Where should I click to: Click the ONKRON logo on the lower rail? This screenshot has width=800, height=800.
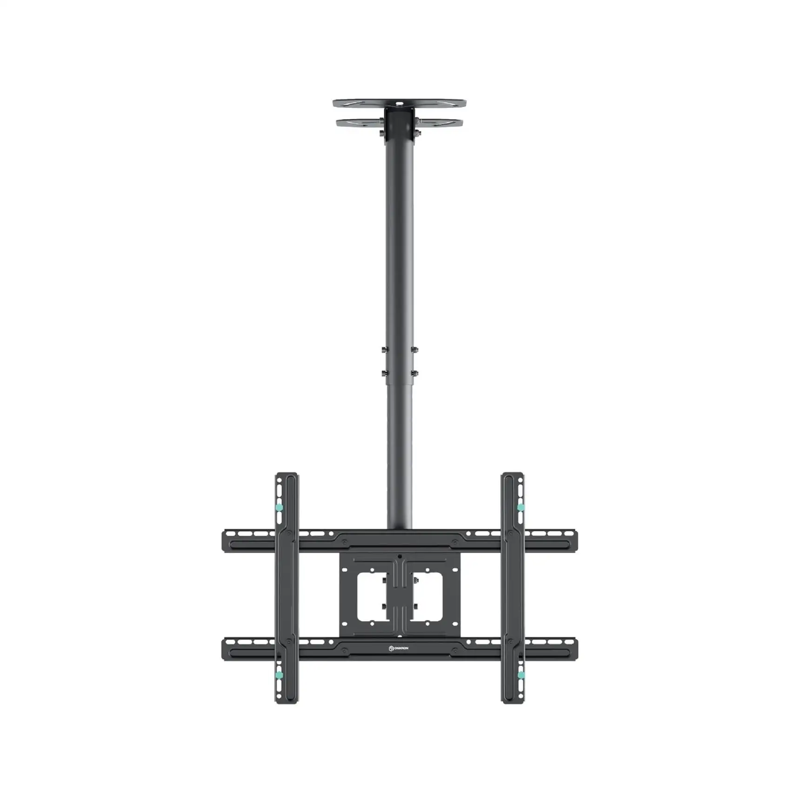[x=399, y=648]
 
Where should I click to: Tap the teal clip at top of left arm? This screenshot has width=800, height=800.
[x=279, y=507]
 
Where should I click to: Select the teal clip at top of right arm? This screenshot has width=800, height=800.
[x=520, y=507]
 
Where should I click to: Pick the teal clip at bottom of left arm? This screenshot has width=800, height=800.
[x=279, y=675]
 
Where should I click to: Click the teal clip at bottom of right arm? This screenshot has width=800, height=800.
[x=520, y=675]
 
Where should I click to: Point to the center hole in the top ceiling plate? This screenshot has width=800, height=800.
[x=399, y=103]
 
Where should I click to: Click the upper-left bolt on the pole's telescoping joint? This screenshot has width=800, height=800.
[x=384, y=350]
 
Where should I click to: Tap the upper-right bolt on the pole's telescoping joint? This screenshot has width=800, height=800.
[x=414, y=350]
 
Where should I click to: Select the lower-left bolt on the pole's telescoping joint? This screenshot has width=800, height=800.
[x=384, y=373]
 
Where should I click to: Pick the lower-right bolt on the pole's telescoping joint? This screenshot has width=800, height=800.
[x=414, y=373]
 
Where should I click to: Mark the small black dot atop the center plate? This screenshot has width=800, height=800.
[x=400, y=556]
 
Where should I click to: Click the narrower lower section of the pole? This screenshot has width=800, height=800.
[x=399, y=456]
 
